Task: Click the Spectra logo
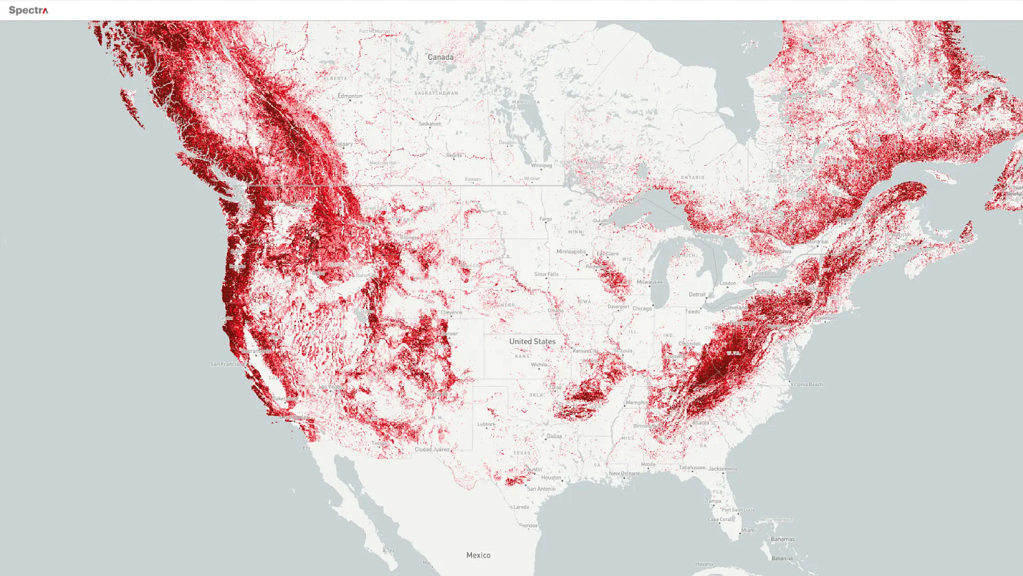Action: click(x=28, y=11)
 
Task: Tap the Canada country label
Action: click(x=441, y=57)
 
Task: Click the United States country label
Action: click(x=532, y=341)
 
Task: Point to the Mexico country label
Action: click(x=478, y=555)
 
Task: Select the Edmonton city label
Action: click(x=350, y=96)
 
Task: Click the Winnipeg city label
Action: click(x=541, y=166)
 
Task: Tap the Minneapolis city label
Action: click(x=571, y=251)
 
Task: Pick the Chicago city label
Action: click(x=641, y=308)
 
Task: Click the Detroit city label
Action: click(x=697, y=294)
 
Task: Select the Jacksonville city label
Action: click(x=723, y=468)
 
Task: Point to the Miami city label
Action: click(x=748, y=530)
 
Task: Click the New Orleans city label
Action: click(x=624, y=473)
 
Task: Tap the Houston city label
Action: click(x=551, y=478)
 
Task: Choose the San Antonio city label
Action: click(x=541, y=488)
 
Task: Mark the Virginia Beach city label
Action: click(x=806, y=384)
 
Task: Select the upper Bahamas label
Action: click(x=782, y=539)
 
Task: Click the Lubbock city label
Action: click(x=486, y=424)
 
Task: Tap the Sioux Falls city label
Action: click(x=546, y=274)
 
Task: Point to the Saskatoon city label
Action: click(x=430, y=124)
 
